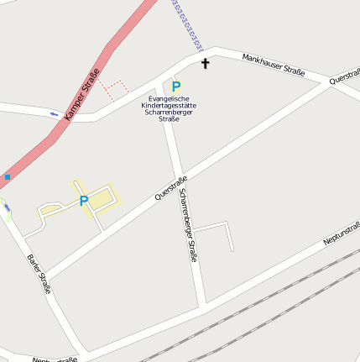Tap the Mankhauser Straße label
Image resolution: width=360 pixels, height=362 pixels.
tap(273, 65)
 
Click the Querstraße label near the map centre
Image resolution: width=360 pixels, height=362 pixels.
tap(171, 187)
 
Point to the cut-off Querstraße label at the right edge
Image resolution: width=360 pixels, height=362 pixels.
tap(345, 76)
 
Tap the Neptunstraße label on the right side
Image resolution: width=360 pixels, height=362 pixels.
tap(341, 233)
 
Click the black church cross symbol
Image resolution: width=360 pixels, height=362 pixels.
tap(205, 63)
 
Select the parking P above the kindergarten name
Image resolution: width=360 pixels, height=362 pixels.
tap(176, 86)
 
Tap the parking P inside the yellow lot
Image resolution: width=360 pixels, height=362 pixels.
tap(84, 201)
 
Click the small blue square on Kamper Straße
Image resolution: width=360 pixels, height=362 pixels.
tap(7, 177)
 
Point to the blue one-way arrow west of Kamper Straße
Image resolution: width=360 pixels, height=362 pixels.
tap(55, 113)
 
